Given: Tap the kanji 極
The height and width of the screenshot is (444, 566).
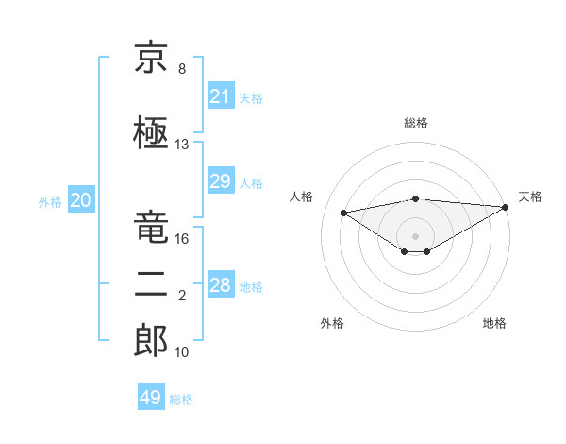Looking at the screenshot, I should coord(151,134).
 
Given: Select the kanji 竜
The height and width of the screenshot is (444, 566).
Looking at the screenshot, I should coord(151,228).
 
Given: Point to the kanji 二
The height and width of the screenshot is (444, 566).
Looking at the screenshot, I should coord(151,286).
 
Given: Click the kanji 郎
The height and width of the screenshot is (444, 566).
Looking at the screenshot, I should coord(151,342).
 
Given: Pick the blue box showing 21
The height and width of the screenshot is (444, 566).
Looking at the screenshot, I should coord(220,96).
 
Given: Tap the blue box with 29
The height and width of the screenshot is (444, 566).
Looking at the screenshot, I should coord(220,181).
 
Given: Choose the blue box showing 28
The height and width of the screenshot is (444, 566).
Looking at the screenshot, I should coord(220,285).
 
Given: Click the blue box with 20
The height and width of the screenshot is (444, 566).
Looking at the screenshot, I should coord(80,200).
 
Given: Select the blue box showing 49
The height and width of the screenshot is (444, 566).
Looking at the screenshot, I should coord(151,398).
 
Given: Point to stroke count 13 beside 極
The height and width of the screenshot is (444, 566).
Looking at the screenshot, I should coord(182,145).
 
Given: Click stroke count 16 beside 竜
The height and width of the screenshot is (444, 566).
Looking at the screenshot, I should coord(182,239).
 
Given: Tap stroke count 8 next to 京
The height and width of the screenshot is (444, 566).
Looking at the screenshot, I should coord(182,68).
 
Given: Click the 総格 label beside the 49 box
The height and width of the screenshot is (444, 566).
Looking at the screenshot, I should coord(181,400).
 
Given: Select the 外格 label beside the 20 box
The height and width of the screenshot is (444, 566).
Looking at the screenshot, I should coord(50,201).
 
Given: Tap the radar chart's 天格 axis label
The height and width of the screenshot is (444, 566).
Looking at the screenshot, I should coord(530,196).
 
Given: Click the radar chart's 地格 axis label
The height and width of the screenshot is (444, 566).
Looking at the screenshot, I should coord(494,323).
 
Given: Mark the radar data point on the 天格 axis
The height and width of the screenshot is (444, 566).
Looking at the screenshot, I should coord(506,207).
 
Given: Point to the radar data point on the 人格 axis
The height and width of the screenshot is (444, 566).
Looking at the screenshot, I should coord(343,212).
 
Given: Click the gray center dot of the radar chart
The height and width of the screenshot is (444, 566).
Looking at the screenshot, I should coord(415,234).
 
